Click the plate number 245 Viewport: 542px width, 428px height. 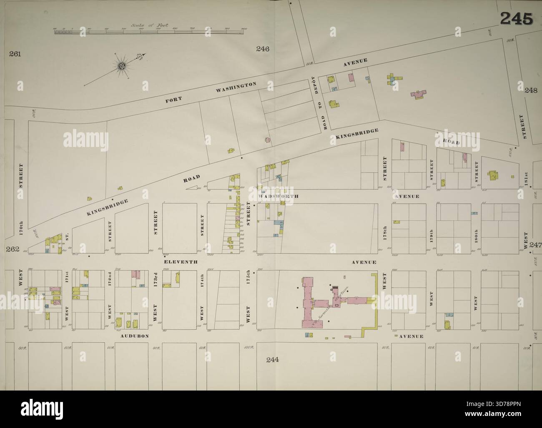tap(516, 18)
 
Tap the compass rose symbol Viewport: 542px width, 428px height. tap(122, 65)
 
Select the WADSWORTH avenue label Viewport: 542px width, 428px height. tap(273, 196)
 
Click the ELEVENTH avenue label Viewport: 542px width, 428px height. tap(180, 262)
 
